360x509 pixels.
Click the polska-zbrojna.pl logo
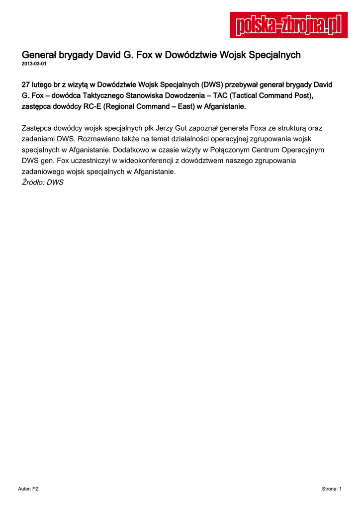pyautogui.click(x=289, y=25)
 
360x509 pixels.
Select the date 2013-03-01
pyautogui.click(x=34, y=64)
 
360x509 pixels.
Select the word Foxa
pyautogui.click(x=254, y=128)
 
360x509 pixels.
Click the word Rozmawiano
pyautogui.click(x=98, y=139)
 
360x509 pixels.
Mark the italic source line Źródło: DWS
pyautogui.click(x=43, y=182)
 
